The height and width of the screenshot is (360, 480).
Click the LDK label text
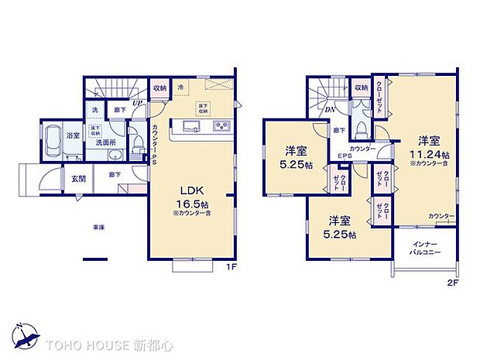pos(191,190)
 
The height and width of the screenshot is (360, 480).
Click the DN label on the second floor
pos(330,111)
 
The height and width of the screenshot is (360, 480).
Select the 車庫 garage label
pos(98,228)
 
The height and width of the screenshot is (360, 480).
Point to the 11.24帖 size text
pos(430,154)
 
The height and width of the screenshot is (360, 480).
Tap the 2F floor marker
pos(453,283)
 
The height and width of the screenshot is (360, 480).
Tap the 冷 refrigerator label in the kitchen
pos(180,87)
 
